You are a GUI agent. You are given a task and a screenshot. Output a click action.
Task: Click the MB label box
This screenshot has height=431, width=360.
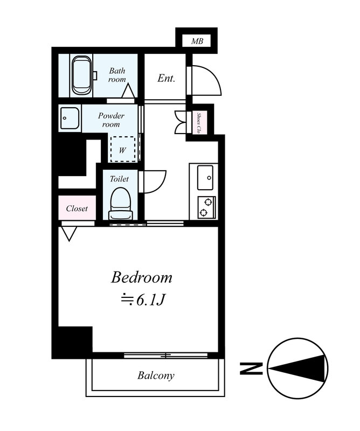point(197,41)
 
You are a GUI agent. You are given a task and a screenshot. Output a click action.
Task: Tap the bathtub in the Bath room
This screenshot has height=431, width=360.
point(82,75)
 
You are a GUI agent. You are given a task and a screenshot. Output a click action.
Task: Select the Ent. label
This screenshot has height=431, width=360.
point(166,79)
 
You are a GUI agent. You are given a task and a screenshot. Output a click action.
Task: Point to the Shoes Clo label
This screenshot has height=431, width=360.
point(198,122)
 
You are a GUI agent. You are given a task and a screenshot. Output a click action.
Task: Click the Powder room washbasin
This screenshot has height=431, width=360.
point(70,118)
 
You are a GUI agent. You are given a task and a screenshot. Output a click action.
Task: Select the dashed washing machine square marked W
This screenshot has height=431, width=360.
point(123,149)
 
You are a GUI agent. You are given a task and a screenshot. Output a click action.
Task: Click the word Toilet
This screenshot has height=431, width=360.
point(119,179)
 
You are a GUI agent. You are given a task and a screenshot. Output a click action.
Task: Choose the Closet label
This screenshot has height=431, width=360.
point(77,208)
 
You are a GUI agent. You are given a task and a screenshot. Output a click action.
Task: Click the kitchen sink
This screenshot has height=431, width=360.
point(205,177)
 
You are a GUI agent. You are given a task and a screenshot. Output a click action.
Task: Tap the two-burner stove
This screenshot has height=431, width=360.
point(206,207)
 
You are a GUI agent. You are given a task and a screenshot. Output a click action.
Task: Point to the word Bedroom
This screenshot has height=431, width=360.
point(142,277)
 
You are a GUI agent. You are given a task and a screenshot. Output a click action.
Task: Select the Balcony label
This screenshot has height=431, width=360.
point(156,376)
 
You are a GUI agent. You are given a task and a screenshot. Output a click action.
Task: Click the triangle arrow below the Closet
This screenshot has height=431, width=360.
point(69,233)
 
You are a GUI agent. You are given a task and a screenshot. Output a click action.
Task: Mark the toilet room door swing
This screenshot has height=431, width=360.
point(154,182)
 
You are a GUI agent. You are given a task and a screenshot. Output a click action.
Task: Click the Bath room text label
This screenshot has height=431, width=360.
point(117,75)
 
